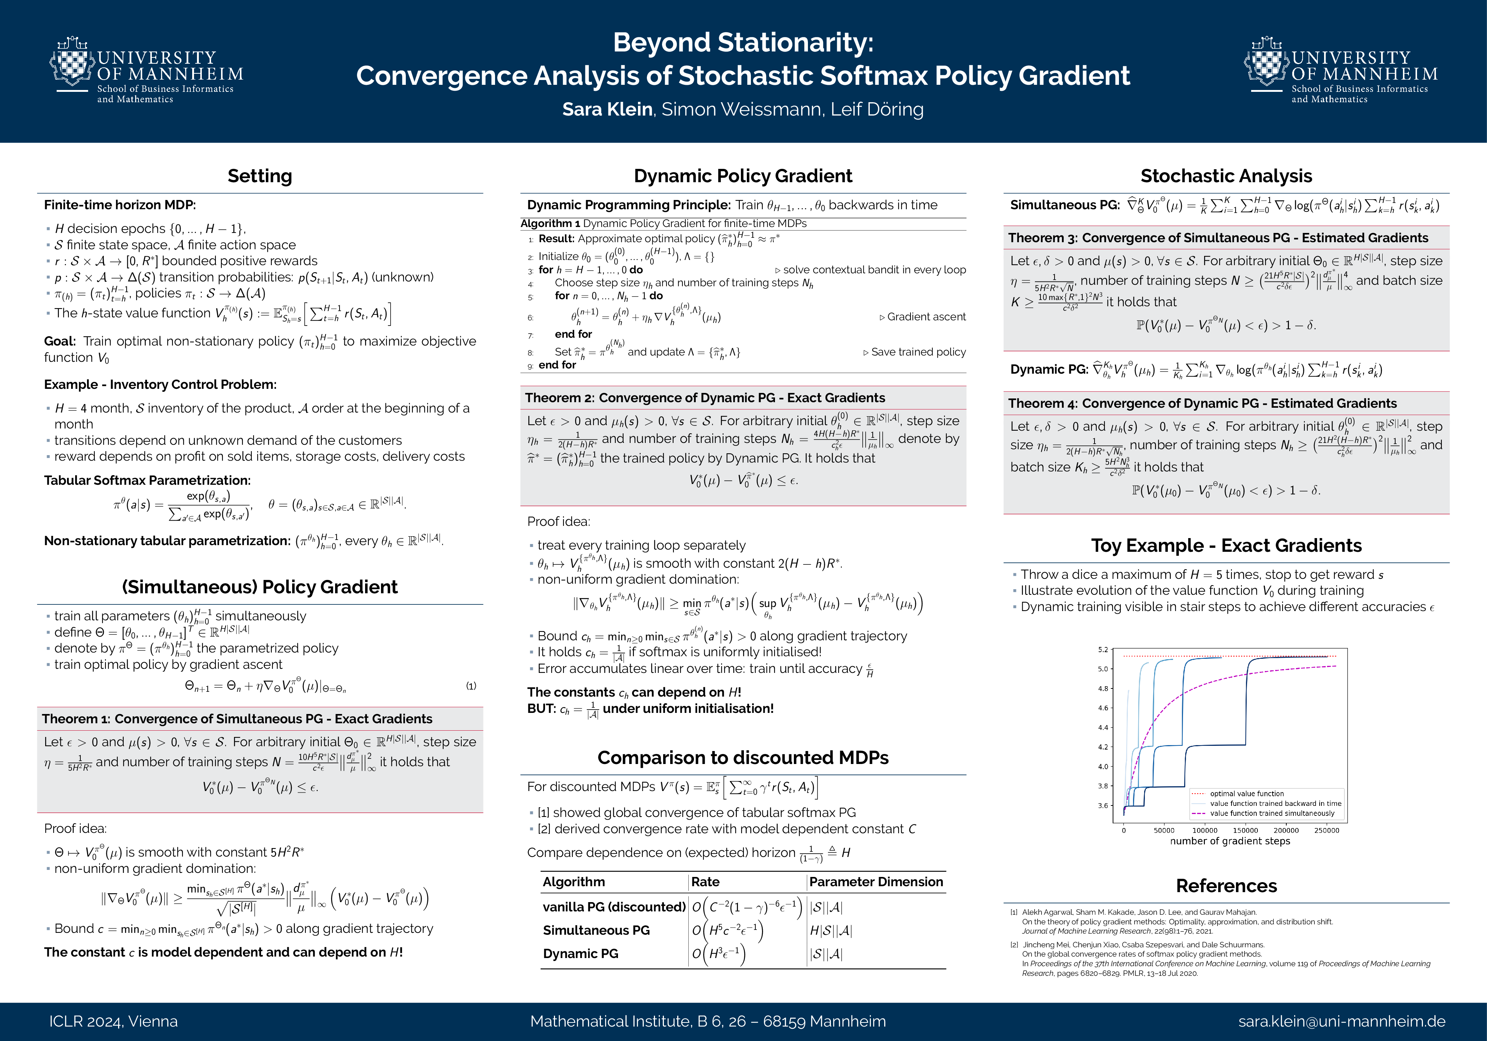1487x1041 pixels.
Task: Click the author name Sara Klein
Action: [x=607, y=110]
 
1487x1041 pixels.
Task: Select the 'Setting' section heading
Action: [x=260, y=176]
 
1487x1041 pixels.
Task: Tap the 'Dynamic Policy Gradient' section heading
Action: [x=743, y=176]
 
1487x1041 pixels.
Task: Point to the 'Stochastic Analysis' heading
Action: [x=1226, y=176]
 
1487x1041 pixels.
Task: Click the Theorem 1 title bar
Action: [x=237, y=718]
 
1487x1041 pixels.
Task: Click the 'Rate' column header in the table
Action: [x=705, y=882]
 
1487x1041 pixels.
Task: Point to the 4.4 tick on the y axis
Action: [x=1103, y=727]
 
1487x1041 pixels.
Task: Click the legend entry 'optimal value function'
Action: [x=1247, y=794]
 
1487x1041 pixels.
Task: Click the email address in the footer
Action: [x=1341, y=1022]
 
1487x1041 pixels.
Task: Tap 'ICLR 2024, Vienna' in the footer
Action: [x=113, y=1022]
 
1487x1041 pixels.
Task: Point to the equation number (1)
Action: [x=471, y=685]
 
